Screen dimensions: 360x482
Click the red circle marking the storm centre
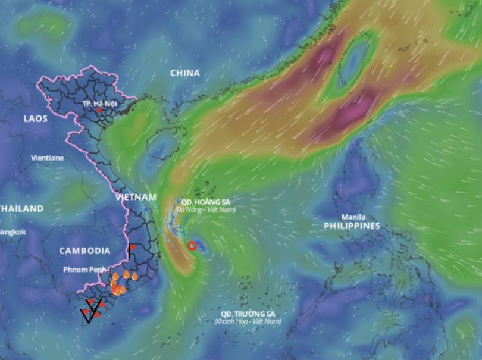point(192,246)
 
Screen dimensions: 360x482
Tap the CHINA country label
point(185,73)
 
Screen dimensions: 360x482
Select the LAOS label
point(35,118)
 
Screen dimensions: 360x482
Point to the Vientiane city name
point(47,158)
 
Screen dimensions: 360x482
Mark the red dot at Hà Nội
point(99,111)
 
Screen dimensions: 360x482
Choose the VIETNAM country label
point(136,197)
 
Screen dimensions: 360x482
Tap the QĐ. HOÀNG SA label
point(205,202)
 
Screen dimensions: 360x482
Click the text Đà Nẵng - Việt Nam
point(205,209)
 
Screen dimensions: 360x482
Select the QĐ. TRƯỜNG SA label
point(248,314)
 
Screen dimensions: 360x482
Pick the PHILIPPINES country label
point(352,226)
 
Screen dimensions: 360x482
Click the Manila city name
point(353,217)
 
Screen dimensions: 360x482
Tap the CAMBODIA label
point(84,251)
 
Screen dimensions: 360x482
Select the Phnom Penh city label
point(85,270)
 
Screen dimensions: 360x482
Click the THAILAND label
point(22,209)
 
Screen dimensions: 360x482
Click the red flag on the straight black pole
point(133,246)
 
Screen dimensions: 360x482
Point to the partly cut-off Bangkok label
point(12,232)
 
